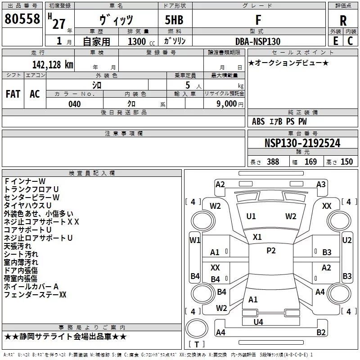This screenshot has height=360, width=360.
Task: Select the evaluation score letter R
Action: click(x=343, y=21)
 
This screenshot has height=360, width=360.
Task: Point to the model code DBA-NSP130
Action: click(x=258, y=41)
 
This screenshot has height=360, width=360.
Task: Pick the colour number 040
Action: click(x=75, y=104)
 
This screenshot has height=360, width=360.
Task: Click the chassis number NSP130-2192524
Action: click(x=302, y=144)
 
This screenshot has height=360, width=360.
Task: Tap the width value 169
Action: click(x=310, y=162)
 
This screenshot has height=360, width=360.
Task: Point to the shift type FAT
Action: click(x=13, y=94)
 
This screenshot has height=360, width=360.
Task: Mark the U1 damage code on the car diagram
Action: click(x=251, y=216)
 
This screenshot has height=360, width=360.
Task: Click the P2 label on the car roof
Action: click(x=271, y=251)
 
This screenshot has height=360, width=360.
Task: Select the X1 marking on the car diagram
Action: click(x=257, y=237)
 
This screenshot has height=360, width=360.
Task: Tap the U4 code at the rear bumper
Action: click(x=258, y=322)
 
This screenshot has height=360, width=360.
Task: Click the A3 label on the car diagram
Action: click(x=321, y=184)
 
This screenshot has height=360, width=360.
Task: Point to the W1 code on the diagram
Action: click(x=194, y=240)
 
